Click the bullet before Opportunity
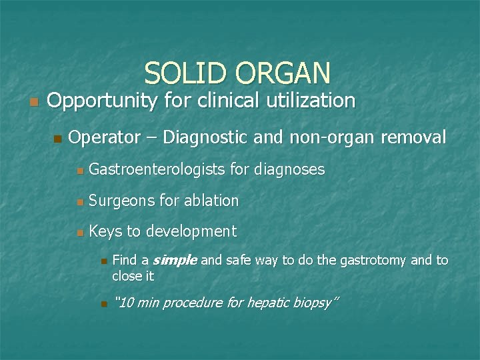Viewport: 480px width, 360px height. [35, 102]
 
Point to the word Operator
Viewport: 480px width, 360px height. [104, 138]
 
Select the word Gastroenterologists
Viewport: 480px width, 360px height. [158, 170]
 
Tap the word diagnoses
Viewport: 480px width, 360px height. [291, 170]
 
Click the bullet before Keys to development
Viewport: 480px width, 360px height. [79, 233]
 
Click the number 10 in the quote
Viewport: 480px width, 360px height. [124, 303]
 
